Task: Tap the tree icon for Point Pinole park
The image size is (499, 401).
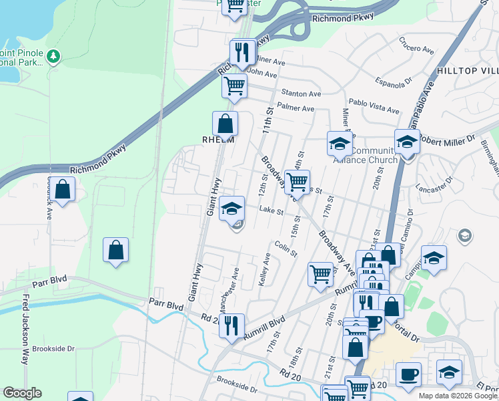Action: [x=54, y=57]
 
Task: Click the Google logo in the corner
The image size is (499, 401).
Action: [x=22, y=393]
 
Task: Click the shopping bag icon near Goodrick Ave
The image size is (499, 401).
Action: [x=62, y=189]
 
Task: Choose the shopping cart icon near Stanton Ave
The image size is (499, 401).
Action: [x=234, y=86]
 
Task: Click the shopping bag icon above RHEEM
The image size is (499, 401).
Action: [x=225, y=123]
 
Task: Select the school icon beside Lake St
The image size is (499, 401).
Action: [x=231, y=209]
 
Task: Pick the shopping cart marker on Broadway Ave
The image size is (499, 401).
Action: [x=297, y=181]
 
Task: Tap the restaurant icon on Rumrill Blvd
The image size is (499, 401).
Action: [x=231, y=325]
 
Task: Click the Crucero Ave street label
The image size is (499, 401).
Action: [x=417, y=43]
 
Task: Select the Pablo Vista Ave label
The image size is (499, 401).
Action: [x=374, y=107]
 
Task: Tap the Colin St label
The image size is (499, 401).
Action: [x=286, y=249]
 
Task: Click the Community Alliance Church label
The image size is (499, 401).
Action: [x=374, y=154]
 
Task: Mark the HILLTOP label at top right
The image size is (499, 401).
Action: [x=467, y=71]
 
